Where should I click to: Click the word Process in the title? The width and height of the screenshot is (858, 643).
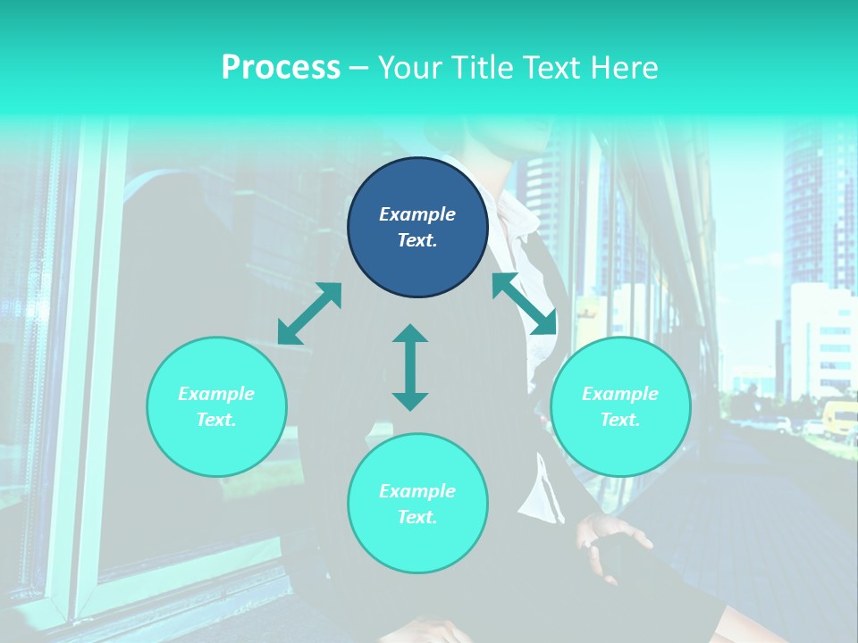281,68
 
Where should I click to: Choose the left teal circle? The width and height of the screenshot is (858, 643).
216,406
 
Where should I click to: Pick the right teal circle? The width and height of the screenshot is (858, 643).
620,406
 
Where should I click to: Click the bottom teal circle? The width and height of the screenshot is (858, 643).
417,504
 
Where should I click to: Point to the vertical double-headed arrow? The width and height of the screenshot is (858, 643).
410,367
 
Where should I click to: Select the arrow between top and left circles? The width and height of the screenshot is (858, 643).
309,313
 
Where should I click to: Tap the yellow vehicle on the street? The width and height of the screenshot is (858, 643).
840,419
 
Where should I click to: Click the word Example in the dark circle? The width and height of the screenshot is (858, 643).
417,214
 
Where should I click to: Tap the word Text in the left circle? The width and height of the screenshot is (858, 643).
216,420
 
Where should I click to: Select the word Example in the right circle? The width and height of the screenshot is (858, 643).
620,394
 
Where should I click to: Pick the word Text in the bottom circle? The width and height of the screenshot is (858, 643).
417,517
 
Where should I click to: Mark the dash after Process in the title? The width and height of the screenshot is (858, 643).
358,68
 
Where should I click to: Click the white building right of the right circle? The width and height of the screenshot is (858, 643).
818,339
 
